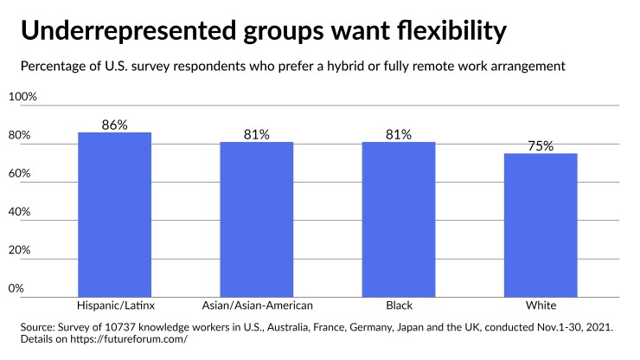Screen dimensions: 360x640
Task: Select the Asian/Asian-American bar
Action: tap(257, 220)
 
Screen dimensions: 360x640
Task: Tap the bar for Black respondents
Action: tap(399, 220)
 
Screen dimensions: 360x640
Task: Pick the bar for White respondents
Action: tap(541, 225)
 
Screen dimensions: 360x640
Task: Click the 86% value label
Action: tap(114, 125)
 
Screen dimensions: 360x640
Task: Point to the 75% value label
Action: tap(541, 146)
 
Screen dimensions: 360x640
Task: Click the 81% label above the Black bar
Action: tap(399, 135)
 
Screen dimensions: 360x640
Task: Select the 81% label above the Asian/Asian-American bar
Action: tap(257, 135)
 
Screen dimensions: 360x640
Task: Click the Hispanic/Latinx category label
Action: tap(114, 306)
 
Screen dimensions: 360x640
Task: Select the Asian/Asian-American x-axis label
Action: tap(257, 306)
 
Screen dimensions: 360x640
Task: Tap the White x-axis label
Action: tap(541, 306)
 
